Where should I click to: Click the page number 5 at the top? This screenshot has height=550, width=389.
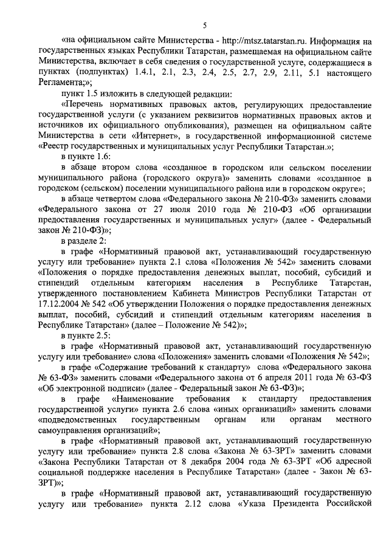pos(204,24)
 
